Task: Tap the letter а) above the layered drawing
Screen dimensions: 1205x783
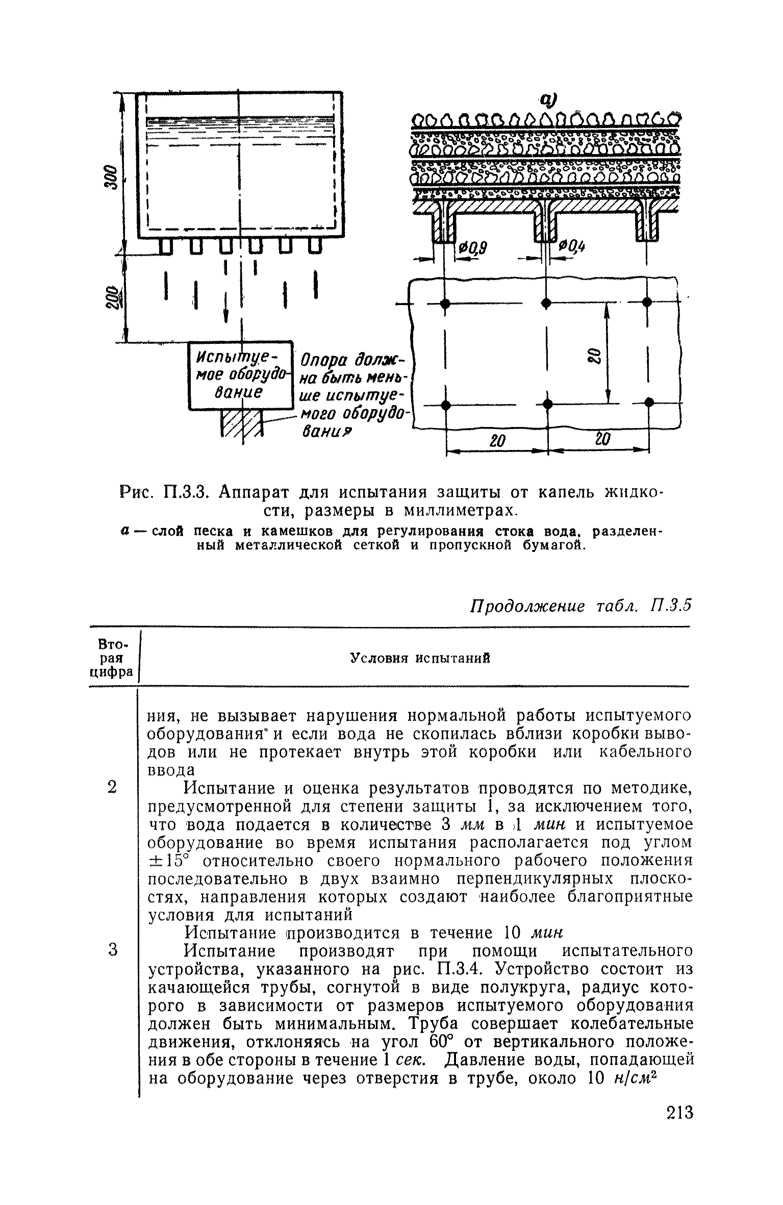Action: coord(549,99)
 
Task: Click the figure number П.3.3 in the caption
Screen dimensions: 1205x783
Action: coord(185,493)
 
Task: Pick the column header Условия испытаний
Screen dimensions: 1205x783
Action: coord(420,658)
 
